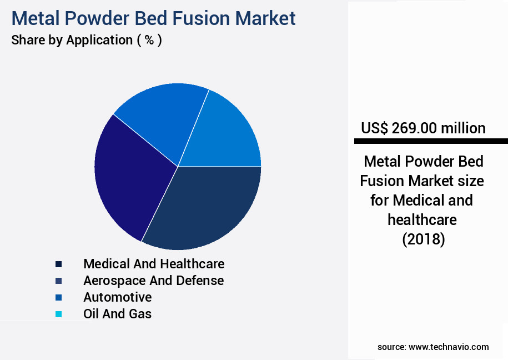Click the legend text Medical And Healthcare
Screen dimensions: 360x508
[154, 263]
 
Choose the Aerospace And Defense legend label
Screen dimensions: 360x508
[153, 281]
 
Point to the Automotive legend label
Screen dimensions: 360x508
[117, 297]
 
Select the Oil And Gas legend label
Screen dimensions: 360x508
[117, 314]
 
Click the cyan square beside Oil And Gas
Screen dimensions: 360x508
[58, 314]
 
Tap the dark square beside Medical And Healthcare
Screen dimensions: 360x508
[58, 264]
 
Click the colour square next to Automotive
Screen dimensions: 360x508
[58, 298]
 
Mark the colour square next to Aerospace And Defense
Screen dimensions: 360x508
[58, 281]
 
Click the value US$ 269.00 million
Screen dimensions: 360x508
[423, 128]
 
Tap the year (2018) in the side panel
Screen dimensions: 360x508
[423, 239]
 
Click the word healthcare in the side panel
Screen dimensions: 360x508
[422, 220]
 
